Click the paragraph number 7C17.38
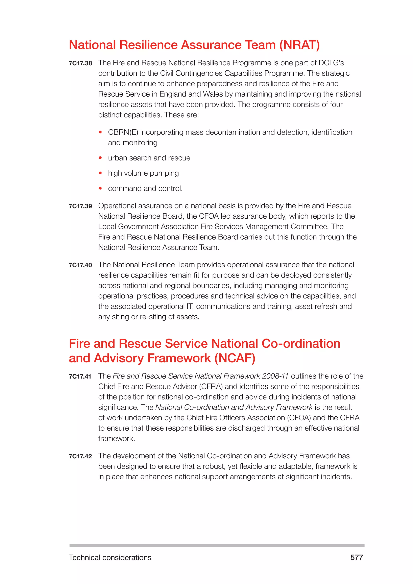pos(80,63)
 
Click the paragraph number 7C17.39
pos(80,206)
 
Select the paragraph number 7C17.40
pos(80,265)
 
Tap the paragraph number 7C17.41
pos(80,376)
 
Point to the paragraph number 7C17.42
pos(80,456)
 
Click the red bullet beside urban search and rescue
pos(100,158)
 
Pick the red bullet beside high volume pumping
pos(100,173)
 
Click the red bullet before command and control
pos(100,189)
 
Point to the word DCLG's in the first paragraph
pos(331,63)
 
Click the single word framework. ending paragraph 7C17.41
pos(117,439)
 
